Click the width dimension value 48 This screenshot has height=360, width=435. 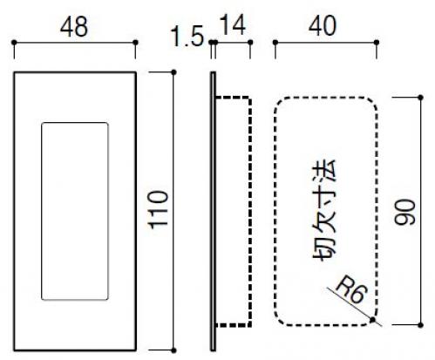click(x=74, y=27)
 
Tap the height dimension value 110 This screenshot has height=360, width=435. click(x=159, y=209)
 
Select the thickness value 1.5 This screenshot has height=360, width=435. click(x=187, y=37)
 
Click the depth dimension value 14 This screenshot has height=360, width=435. click(x=233, y=25)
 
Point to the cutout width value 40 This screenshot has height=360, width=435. click(x=323, y=26)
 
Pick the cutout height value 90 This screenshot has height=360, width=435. click(x=404, y=212)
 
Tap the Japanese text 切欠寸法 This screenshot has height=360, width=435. click(x=324, y=210)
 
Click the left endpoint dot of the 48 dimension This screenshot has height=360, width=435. click(x=14, y=43)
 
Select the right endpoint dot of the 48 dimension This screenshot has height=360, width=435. click(x=135, y=43)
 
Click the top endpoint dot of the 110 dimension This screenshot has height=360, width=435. click(x=173, y=72)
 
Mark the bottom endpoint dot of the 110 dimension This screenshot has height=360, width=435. click(x=173, y=350)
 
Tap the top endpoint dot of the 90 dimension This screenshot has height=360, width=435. click(x=420, y=97)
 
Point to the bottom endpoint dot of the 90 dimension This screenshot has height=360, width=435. click(x=420, y=325)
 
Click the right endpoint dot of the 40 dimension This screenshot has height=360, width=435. click(x=377, y=43)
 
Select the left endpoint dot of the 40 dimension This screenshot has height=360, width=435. click(x=275, y=43)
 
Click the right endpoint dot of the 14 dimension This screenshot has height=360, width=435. click(x=250, y=43)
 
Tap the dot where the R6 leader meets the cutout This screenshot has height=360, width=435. click(x=372, y=320)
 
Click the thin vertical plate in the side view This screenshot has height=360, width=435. click(x=213, y=211)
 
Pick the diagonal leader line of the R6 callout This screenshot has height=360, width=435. click(x=355, y=307)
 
